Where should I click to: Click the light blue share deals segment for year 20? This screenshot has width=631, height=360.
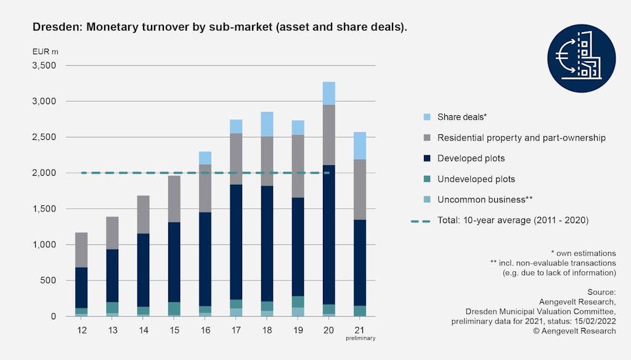pyautogui.click(x=330, y=93)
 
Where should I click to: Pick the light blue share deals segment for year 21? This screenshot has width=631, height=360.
pyautogui.click(x=360, y=145)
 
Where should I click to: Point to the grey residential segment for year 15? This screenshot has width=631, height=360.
pyautogui.click(x=174, y=198)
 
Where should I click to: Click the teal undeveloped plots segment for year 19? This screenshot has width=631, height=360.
pyautogui.click(x=298, y=301)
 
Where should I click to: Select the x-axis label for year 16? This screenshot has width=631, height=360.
pyautogui.click(x=205, y=330)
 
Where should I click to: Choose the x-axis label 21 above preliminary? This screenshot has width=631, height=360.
pyautogui.click(x=360, y=330)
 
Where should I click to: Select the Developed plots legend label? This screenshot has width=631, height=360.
pyautogui.click(x=471, y=158)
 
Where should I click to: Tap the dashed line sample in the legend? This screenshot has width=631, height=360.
pyautogui.click(x=421, y=220)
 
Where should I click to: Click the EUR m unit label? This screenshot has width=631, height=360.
pyautogui.click(x=45, y=51)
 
